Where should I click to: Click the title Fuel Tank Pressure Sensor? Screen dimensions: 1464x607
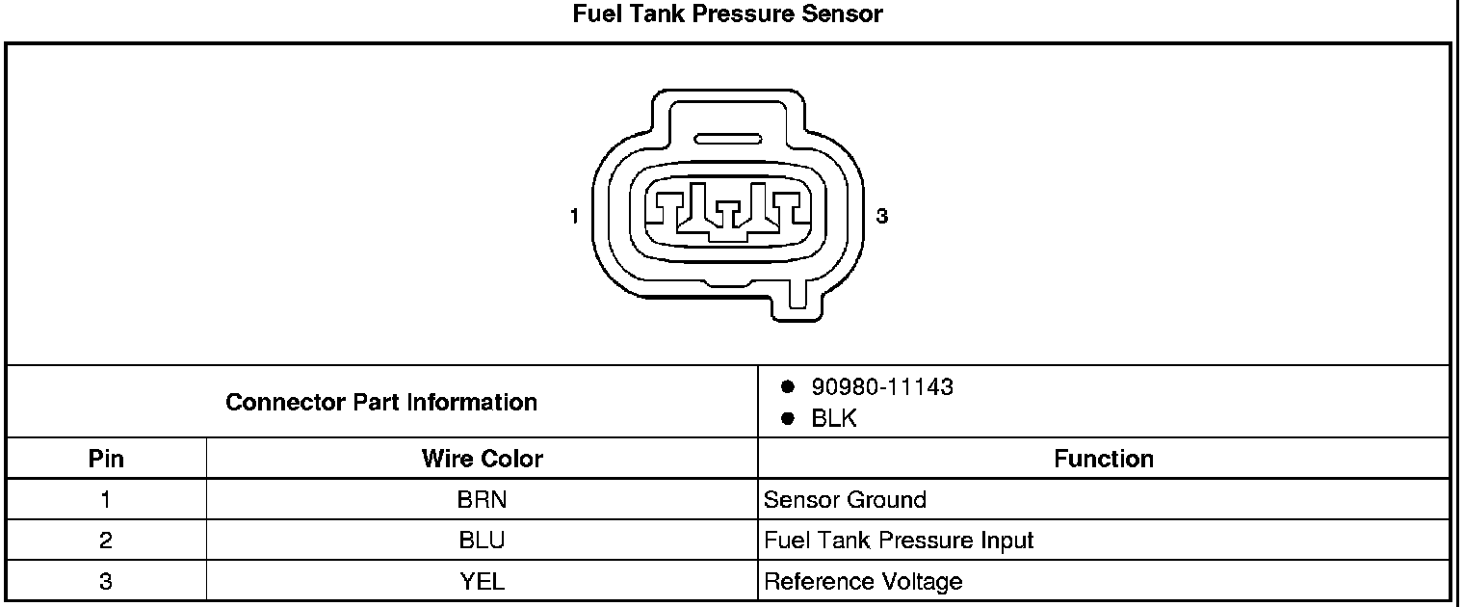[727, 13]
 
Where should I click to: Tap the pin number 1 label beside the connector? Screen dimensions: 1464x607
[574, 216]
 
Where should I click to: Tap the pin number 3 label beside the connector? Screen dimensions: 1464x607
[881, 216]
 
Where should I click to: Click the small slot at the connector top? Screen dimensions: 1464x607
[727, 139]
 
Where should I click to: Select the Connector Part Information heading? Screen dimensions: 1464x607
[381, 402]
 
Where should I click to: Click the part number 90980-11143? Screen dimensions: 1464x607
[882, 386]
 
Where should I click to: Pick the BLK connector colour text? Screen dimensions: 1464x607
[833, 418]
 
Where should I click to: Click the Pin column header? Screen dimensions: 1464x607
[106, 459]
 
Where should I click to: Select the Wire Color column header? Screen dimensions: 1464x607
[483, 459]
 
